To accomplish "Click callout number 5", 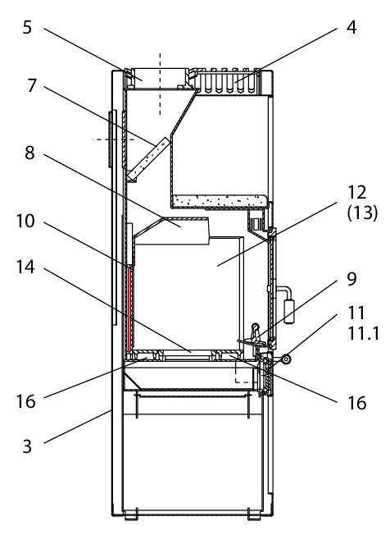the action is [27, 27].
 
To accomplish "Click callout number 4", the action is [351, 27].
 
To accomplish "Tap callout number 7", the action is [32, 85].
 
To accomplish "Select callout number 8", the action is [30, 153].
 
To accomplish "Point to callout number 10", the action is [25, 221].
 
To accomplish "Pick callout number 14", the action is [25, 267].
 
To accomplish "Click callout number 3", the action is [27, 446].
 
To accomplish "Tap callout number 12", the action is [356, 193].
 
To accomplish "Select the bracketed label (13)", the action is [362, 213].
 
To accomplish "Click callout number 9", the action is [351, 279].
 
